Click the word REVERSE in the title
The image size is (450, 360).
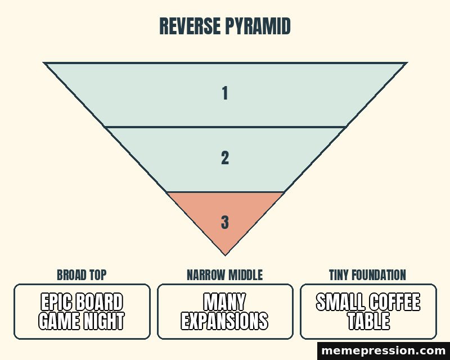(191, 26)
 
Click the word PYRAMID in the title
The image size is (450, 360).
(258, 26)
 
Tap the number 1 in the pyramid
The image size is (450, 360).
(225, 93)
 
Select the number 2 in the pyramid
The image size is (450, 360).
(225, 158)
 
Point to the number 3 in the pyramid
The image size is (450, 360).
(225, 222)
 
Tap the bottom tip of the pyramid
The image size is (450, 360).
(226, 255)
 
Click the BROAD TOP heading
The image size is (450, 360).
(82, 274)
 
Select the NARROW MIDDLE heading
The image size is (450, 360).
(224, 274)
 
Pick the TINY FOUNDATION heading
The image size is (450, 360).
(368, 274)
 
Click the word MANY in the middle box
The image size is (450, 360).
(224, 301)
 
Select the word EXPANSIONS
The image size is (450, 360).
(224, 321)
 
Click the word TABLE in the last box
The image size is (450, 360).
(369, 321)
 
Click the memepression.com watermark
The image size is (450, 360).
(384, 350)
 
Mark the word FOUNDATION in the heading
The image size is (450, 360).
(379, 274)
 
